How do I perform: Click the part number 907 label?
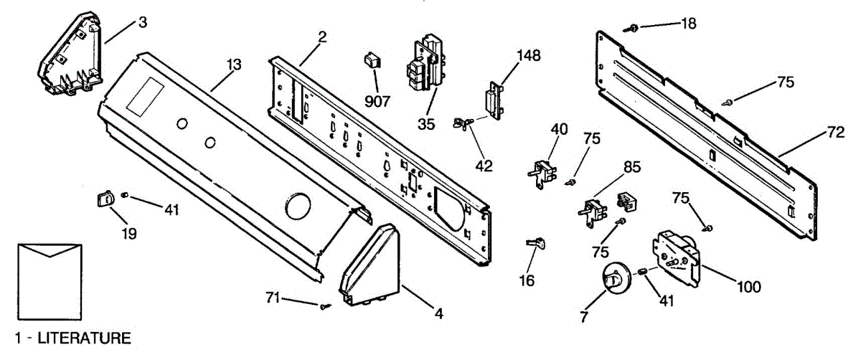[x=377, y=101]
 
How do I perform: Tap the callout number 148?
[x=529, y=55]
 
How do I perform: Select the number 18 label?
[x=688, y=24]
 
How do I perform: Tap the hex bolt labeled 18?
[x=634, y=27]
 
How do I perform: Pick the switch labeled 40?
[x=543, y=172]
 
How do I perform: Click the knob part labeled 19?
[x=105, y=197]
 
